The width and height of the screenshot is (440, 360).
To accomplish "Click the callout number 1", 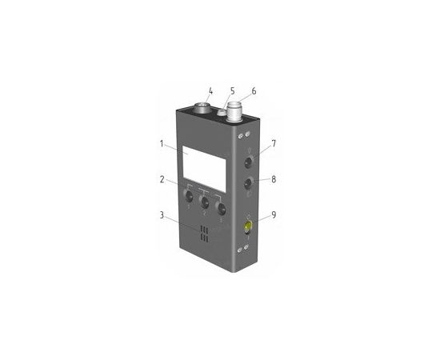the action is (162, 144).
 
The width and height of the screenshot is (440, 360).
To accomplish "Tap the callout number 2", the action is (162, 179).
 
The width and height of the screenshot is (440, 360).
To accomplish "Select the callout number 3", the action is (162, 215).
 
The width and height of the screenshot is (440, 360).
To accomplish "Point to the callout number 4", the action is (210, 91).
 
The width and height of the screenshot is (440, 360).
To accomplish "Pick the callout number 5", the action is (232, 91).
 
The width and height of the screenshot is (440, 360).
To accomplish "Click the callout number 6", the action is (254, 91).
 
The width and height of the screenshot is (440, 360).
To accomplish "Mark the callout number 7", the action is (274, 143).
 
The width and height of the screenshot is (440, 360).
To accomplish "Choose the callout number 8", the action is (274, 179).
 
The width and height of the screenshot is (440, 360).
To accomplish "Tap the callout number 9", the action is (274, 214).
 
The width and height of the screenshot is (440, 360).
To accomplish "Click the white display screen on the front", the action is (204, 169).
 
